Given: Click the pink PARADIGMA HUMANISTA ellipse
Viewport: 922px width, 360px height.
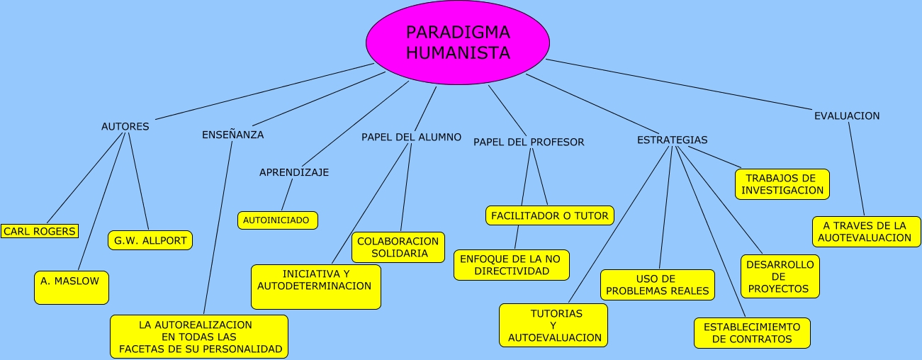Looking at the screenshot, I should (x=458, y=43).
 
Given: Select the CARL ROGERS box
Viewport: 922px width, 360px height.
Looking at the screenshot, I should (x=39, y=231).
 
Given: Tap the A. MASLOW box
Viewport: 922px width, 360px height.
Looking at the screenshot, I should (x=71, y=287).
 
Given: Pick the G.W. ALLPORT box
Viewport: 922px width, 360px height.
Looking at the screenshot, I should (x=150, y=240).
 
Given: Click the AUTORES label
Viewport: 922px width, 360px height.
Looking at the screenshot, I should (x=125, y=127).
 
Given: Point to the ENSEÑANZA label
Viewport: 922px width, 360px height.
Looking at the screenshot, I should (x=232, y=135).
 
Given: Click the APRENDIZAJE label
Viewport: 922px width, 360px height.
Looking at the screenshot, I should (x=294, y=172).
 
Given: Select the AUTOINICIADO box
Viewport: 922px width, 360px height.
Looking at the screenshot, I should (x=277, y=220).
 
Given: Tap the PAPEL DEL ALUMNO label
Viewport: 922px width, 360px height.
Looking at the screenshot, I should (x=411, y=137).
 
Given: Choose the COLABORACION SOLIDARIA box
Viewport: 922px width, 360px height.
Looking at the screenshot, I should (x=398, y=247).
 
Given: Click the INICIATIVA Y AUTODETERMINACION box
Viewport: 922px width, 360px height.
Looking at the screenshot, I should (x=315, y=286).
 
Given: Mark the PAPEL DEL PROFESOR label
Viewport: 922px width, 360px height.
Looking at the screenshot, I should (x=529, y=142).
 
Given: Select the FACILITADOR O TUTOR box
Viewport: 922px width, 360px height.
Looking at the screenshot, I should (x=549, y=215).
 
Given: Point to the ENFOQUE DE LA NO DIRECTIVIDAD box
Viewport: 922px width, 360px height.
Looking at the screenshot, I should (x=511, y=265).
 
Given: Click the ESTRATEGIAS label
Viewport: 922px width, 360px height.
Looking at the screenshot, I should (x=672, y=140).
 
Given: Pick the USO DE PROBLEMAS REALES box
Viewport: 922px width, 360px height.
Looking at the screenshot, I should (x=658, y=285).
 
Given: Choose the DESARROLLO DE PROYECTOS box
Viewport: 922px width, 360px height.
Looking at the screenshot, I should (x=780, y=276).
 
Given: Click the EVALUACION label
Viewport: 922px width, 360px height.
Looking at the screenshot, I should (x=847, y=116).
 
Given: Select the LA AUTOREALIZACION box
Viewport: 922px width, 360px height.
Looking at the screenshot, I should (x=199, y=337).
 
